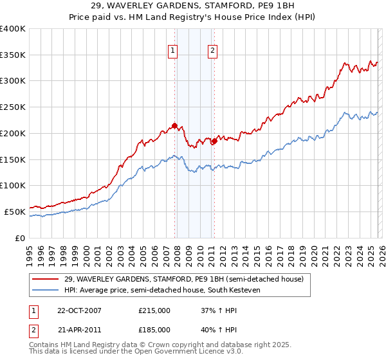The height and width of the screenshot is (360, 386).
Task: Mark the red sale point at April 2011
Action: [214, 141]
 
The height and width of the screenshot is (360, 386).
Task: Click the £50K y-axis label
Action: [15, 212]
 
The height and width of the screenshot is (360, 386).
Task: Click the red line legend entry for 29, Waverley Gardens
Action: [179, 279]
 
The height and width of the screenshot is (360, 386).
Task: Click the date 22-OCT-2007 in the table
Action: [79, 310]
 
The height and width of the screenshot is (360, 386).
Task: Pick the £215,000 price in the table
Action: [154, 310]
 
